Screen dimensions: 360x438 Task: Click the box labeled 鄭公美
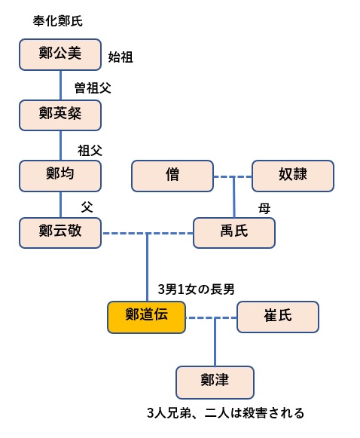coord(60,54)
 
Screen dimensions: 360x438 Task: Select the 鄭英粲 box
coord(60,115)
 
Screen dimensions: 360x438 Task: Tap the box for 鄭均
coord(60,176)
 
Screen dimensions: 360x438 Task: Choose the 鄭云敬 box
coord(60,233)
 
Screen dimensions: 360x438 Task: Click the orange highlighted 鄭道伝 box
coord(147,317)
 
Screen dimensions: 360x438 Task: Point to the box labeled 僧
coord(172,176)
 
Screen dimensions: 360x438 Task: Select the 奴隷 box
coord(293,176)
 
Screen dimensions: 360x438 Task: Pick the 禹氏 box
coord(234,233)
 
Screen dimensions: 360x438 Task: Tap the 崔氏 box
coord(278,317)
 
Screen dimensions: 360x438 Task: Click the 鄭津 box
coord(215,382)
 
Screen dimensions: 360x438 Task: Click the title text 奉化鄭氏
coord(58,21)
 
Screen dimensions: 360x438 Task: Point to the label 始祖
coord(121,57)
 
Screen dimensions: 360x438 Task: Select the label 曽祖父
coord(93,88)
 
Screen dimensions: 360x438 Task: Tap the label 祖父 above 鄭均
coord(90,151)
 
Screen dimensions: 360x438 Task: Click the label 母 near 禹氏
coord(264,208)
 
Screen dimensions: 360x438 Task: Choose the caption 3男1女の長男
coord(196,289)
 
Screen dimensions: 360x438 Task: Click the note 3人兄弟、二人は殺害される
coord(225,413)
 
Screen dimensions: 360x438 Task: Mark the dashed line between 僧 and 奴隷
coord(233,176)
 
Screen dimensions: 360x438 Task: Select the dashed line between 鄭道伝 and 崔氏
coord(212,317)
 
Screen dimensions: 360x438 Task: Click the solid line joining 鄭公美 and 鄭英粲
coord(60,85)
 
